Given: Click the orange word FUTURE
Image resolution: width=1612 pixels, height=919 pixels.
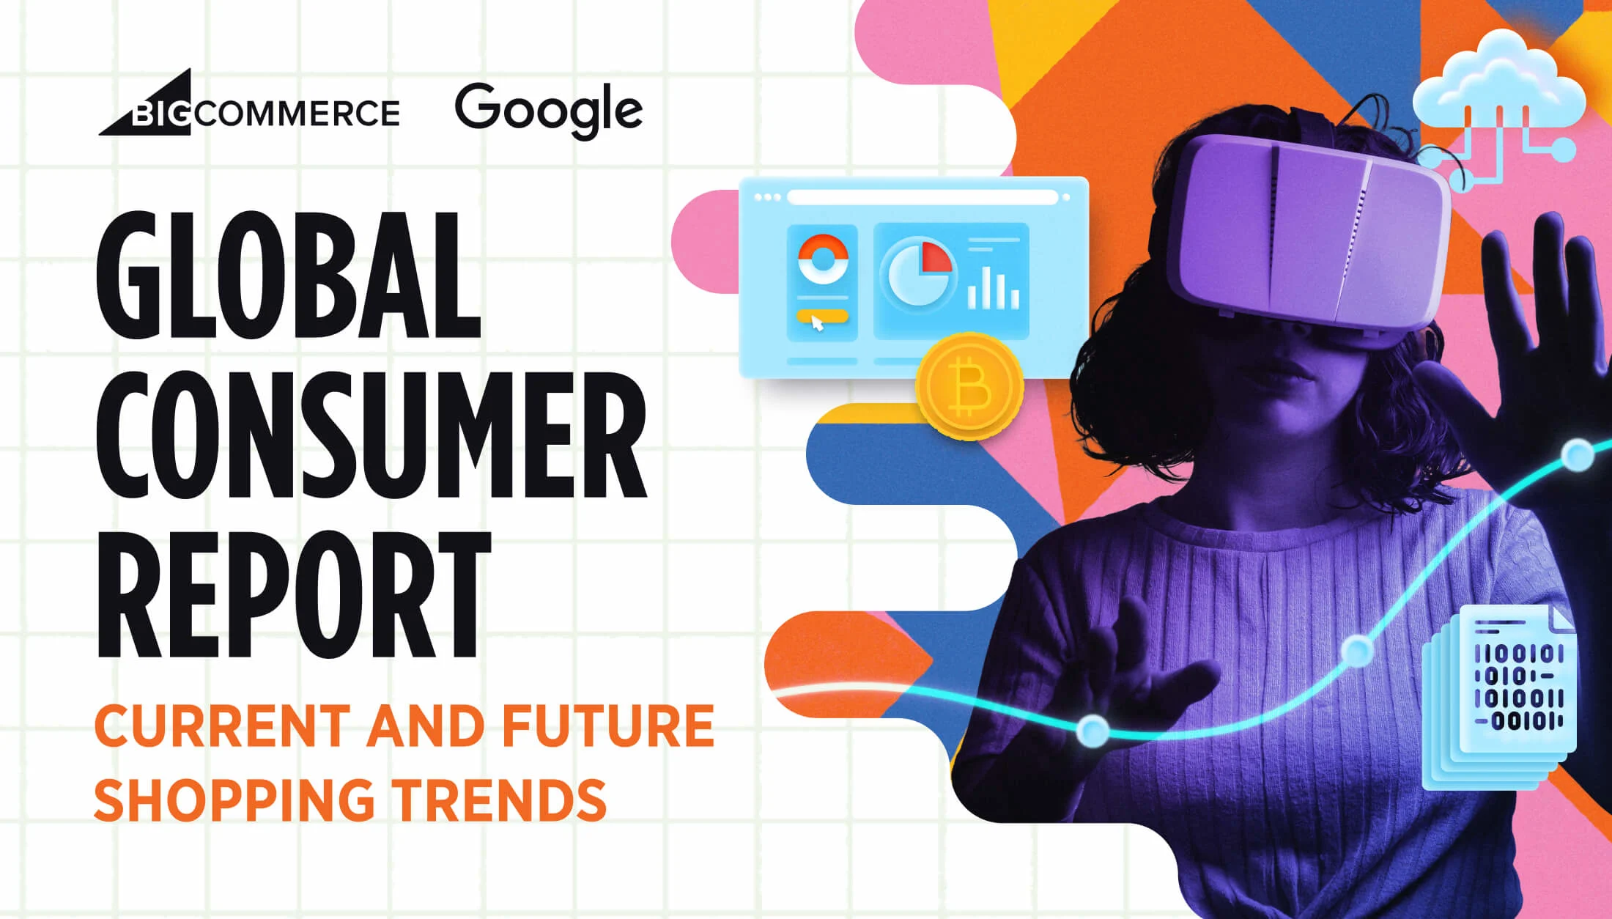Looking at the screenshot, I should click(607, 726).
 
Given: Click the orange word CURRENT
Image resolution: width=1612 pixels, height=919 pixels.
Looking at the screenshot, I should click(220, 726).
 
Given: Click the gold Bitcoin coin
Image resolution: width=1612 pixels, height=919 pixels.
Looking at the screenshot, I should click(969, 386).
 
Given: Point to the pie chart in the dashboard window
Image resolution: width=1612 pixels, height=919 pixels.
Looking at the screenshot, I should click(920, 274).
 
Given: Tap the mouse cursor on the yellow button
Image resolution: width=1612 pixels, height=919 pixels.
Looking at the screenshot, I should click(817, 322).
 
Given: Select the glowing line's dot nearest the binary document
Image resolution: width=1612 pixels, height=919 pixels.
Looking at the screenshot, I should click(1357, 649).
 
